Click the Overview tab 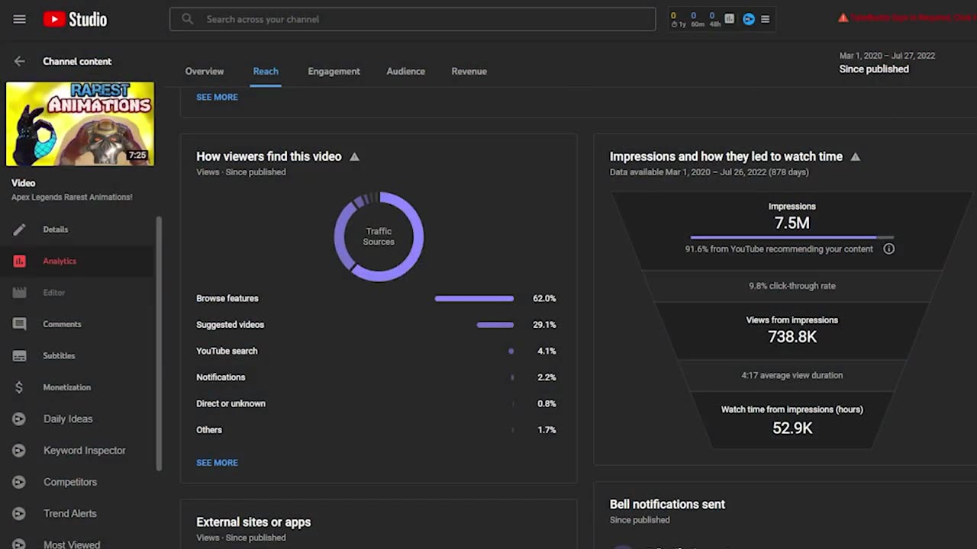205,71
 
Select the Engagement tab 334,71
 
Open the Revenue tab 469,71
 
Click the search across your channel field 412,19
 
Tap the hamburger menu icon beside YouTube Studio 20,19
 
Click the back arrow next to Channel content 20,61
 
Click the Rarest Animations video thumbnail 80,124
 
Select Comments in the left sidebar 62,324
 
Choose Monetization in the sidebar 66,387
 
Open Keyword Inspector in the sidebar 84,451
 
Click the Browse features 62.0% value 544,298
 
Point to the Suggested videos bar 495,325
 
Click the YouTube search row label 227,351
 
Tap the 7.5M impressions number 792,223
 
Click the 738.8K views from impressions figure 792,336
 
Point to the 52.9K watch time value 792,428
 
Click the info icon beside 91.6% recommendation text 889,249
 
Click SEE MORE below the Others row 217,463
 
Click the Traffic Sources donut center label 379,236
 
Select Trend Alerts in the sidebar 69,514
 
